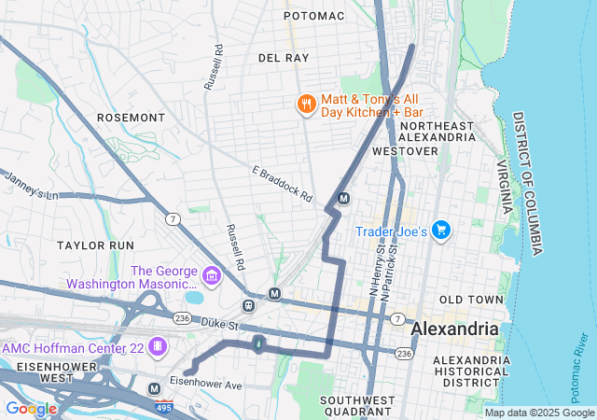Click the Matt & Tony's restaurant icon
(x=305, y=105)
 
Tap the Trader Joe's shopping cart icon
(x=441, y=230)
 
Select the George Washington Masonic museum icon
(x=211, y=276)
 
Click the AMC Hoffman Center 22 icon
(x=158, y=347)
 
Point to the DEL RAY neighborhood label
(x=284, y=58)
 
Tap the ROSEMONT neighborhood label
(x=131, y=119)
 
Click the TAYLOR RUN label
(x=95, y=245)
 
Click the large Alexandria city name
(x=454, y=329)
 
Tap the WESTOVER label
(x=405, y=150)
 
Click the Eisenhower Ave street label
(x=205, y=384)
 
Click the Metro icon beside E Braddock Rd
(x=344, y=198)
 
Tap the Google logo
(x=31, y=408)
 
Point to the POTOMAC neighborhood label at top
(x=314, y=16)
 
